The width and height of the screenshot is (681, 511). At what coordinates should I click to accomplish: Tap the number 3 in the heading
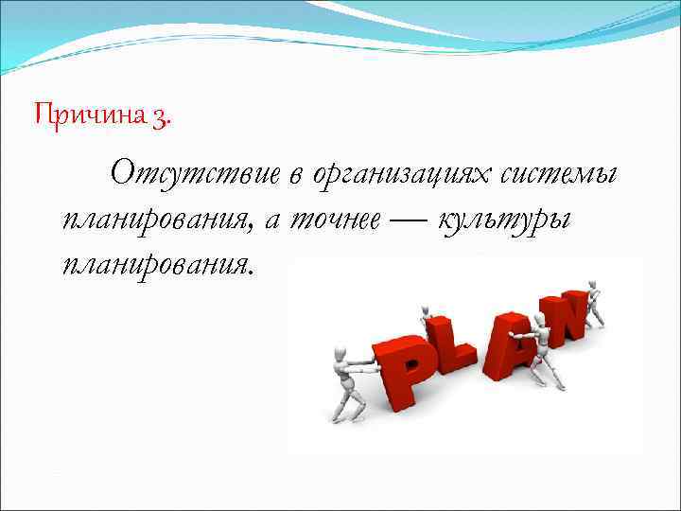[x=162, y=116]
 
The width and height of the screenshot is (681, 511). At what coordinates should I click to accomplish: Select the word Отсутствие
[x=194, y=173]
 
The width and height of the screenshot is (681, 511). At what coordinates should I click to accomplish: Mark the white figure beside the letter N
[x=593, y=302]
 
